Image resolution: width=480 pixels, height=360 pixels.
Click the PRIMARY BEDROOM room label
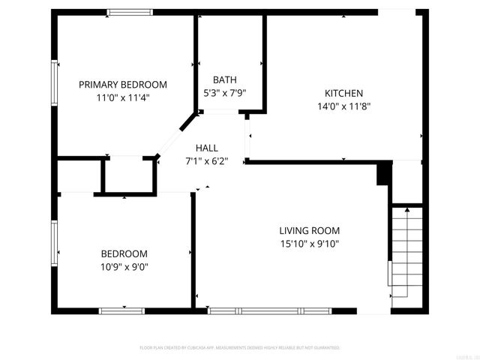point(123,85)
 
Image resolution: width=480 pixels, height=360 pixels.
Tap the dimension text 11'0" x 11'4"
point(123,97)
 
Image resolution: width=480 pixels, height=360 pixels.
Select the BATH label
point(225,79)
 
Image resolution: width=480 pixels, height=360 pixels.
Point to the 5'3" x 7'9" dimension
point(225,93)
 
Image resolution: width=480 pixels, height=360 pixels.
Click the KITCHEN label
point(343,93)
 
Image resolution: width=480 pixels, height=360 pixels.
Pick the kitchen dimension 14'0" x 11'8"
point(343,106)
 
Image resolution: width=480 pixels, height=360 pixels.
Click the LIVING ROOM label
point(310,230)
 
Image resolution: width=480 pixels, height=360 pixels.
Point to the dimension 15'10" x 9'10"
point(310,243)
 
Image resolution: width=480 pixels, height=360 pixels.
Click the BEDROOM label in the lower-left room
point(124,253)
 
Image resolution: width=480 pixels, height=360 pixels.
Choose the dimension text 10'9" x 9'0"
point(124,266)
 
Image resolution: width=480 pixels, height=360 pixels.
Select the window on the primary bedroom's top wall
point(129,12)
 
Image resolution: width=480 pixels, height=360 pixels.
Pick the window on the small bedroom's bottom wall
point(122,310)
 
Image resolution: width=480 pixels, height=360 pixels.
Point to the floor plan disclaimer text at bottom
point(240,348)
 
